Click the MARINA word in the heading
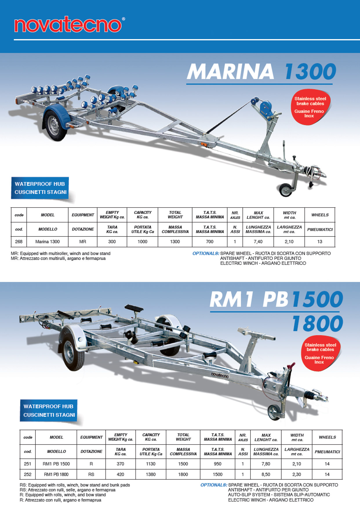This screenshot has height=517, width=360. pos(230,71)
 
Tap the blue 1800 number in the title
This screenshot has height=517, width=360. pos(317,323)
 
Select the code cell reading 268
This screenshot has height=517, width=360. pos(19,241)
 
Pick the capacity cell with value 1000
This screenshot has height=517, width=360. pos(142,241)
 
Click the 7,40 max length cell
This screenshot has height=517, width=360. pos(258,241)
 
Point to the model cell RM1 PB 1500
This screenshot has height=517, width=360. pos(56,464)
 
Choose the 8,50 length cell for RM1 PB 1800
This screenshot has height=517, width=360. pos(266,474)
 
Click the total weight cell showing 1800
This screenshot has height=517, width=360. pos(183,474)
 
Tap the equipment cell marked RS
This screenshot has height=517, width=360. pos(91,474)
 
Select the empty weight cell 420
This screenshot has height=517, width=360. pos(120,474)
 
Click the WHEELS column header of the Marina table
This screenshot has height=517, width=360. pos(320,215)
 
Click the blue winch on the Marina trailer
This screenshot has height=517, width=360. pos(265,109)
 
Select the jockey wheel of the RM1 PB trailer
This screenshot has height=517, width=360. pos(274,412)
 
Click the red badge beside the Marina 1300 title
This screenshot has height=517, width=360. pos(310,107)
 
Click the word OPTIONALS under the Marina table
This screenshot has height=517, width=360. pos(206,253)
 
